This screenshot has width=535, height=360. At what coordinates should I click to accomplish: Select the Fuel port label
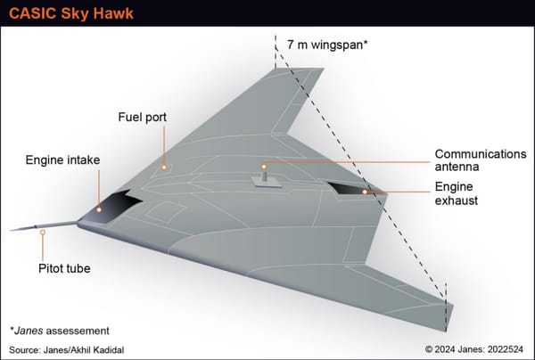pyautogui.click(x=143, y=117)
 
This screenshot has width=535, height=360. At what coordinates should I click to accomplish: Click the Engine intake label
pyautogui.click(x=62, y=160)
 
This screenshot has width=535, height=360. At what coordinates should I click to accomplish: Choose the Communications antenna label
pyautogui.click(x=480, y=160)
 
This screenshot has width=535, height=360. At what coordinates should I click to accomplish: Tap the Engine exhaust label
pyautogui.click(x=456, y=194)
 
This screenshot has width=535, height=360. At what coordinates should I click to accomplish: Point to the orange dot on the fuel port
pyautogui.click(x=164, y=166)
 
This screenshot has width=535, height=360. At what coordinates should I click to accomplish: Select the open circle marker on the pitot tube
pyautogui.click(x=42, y=233)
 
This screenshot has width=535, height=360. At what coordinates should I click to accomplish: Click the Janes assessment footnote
pyautogui.click(x=59, y=330)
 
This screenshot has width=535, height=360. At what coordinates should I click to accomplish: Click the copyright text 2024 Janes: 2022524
pyautogui.click(x=465, y=348)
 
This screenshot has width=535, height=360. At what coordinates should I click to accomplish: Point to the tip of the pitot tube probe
pyautogui.click(x=12, y=230)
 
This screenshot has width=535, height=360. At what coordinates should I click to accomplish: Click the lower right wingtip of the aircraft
pyautogui.click(x=449, y=315)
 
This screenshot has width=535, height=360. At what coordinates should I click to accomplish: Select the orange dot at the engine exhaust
pyautogui.click(x=365, y=191)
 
